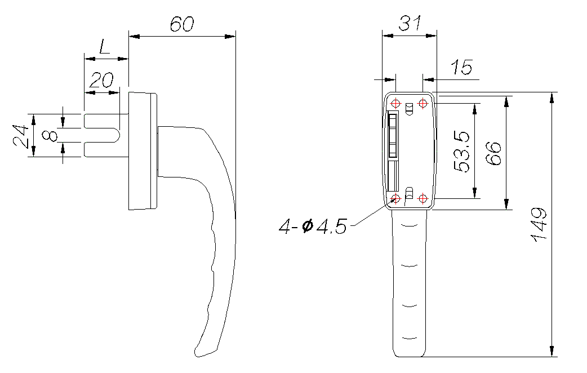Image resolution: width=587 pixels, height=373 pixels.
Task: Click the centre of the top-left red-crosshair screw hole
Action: tap(395, 103)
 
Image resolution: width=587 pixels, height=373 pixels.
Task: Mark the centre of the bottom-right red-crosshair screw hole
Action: tap(423, 198)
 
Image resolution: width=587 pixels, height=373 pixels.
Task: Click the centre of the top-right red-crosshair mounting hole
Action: tap(423, 103)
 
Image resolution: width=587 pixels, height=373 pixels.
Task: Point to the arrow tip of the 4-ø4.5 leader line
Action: tap(395, 198)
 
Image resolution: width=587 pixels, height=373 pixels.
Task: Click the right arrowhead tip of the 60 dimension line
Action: tap(235, 36)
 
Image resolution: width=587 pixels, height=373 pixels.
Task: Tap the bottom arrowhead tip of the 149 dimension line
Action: tap(552, 357)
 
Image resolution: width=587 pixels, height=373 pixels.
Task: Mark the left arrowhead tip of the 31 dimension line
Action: tap(383, 36)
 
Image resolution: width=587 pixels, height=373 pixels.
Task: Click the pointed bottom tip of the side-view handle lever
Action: tap(196, 356)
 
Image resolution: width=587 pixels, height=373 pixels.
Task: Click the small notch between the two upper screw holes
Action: tap(409, 109)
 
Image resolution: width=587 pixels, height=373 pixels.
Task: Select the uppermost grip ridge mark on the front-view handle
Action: tap(409, 225)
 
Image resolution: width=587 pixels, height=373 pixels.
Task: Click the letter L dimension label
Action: tap(104, 46)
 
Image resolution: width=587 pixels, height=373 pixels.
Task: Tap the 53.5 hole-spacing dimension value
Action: tap(461, 151)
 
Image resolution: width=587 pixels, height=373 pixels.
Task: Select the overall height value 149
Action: tap(539, 224)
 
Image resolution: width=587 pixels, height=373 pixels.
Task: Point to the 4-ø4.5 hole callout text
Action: tap(313, 227)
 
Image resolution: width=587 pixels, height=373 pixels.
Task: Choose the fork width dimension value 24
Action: tap(21, 136)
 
